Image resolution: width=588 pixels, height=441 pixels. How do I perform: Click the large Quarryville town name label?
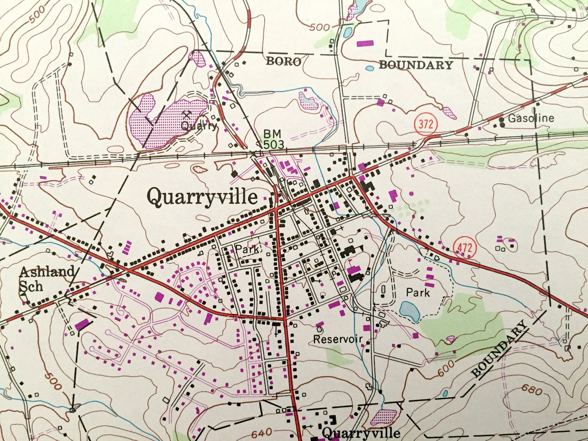point(202,197)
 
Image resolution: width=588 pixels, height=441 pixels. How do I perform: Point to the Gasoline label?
point(531,118)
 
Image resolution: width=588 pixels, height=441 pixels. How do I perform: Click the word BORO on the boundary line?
point(284,62)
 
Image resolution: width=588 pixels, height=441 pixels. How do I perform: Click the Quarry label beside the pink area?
point(199,126)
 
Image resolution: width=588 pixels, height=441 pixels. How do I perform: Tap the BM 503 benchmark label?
point(273,139)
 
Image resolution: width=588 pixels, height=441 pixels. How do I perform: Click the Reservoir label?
point(337,339)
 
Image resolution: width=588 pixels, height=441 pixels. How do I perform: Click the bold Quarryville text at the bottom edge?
point(361,433)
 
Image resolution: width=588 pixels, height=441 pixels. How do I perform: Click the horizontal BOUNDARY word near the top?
point(415,65)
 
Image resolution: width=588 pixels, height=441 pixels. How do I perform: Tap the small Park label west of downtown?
point(247,249)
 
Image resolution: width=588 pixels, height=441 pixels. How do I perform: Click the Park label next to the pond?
point(418,293)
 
